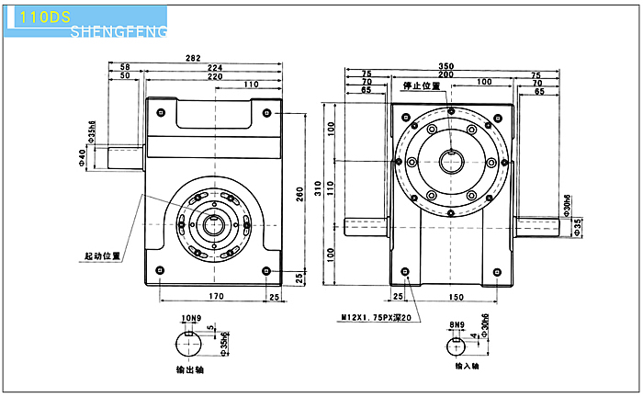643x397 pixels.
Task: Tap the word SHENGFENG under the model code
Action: tap(118, 33)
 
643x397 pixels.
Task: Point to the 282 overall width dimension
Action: tap(193, 59)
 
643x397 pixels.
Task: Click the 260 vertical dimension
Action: tap(299, 194)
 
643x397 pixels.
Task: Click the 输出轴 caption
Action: tap(191, 371)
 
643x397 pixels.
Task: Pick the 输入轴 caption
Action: tap(469, 366)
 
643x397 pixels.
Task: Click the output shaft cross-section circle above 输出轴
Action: tap(191, 346)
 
